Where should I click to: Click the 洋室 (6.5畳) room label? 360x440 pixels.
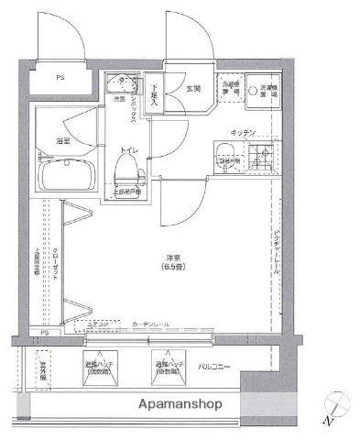(171, 261)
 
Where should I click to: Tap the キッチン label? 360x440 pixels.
(243, 133)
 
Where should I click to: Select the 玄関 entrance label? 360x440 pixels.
(193, 89)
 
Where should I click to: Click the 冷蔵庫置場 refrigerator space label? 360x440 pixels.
(229, 89)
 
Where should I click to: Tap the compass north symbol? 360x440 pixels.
(333, 407)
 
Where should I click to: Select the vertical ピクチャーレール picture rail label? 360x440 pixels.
(276, 247)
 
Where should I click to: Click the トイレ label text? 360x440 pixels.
(124, 148)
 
